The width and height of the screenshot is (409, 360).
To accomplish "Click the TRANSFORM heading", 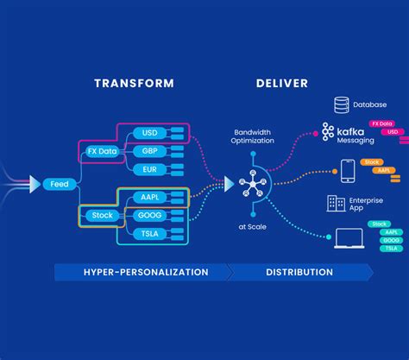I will click(x=134, y=83).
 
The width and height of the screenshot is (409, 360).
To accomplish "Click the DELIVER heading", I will click(x=280, y=83).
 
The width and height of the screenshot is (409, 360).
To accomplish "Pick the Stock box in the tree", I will click(x=101, y=214).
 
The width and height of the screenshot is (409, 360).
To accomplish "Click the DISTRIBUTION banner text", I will click(x=300, y=272).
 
